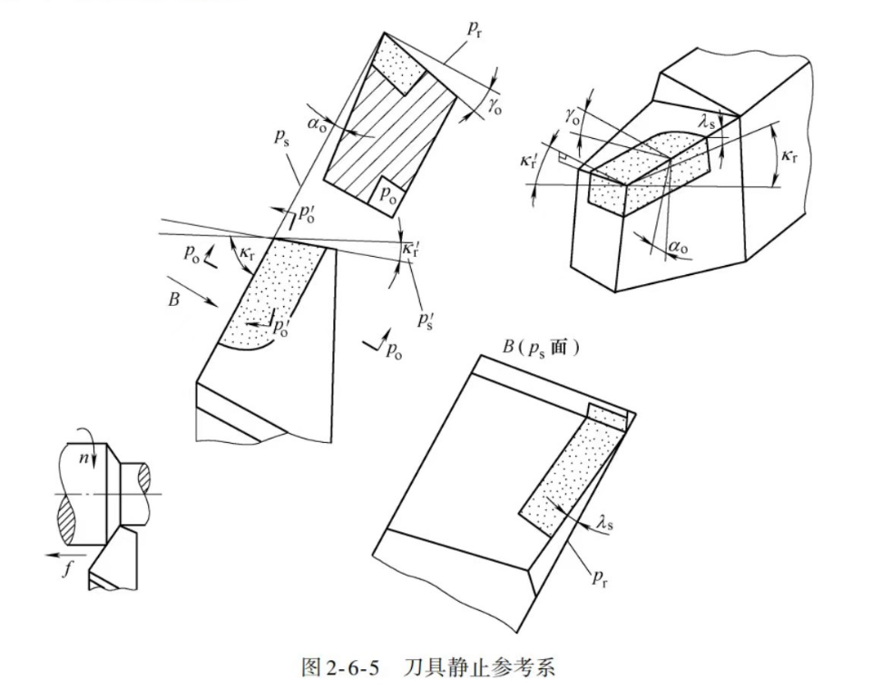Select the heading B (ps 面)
pyautogui.click(x=540, y=346)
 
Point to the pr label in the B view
pyautogui.click(x=600, y=578)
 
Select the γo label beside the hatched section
pyautogui.click(x=495, y=106)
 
